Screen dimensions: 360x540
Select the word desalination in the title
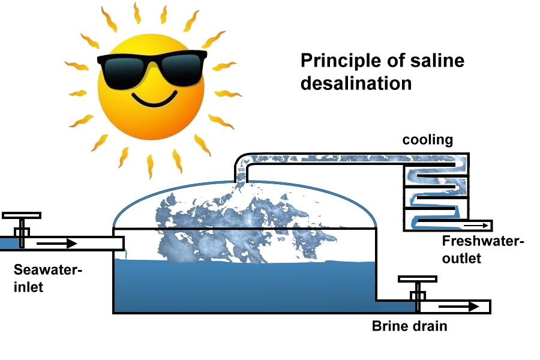(356, 83)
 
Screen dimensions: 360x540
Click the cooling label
(427, 140)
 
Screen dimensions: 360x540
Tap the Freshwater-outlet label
(482, 250)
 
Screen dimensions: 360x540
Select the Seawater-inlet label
(47, 278)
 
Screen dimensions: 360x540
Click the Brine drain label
(409, 326)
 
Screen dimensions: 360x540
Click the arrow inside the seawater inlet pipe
(56, 244)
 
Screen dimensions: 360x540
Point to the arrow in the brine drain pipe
(459, 307)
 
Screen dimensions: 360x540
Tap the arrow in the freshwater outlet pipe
(473, 226)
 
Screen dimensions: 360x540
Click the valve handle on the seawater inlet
(22, 215)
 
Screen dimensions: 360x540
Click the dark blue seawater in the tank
(240, 288)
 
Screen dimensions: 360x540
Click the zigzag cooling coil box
(435, 192)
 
